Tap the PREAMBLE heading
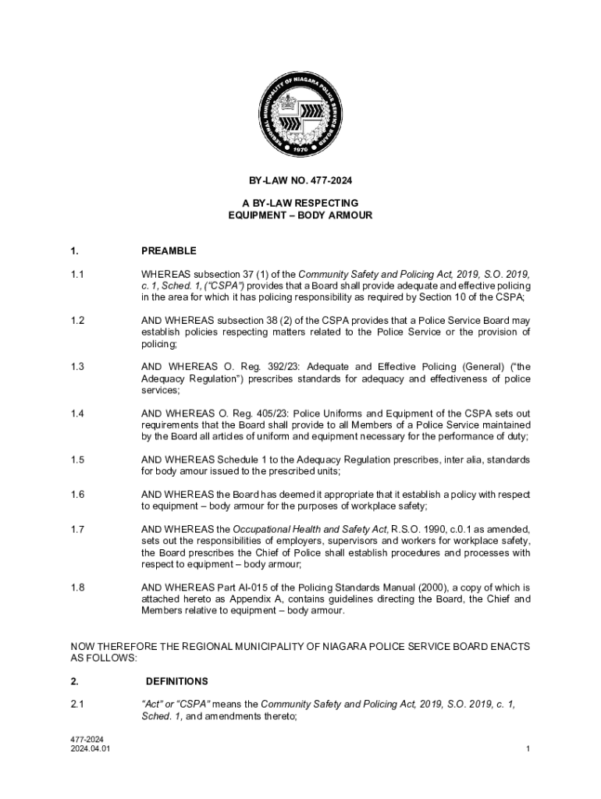point(169,251)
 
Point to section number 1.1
point(77,275)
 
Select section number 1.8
point(77,588)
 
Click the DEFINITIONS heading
point(176,681)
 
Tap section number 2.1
point(77,705)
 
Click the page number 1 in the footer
point(528,750)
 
